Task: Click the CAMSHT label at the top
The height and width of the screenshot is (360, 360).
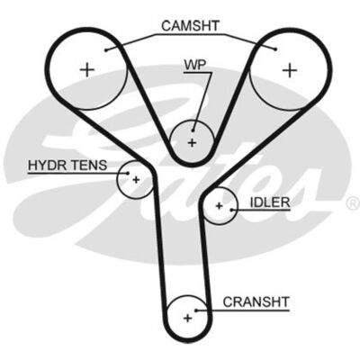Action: pos(191,26)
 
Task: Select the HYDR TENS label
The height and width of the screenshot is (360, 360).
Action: pos(67,165)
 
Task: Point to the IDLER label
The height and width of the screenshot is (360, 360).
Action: pos(270,202)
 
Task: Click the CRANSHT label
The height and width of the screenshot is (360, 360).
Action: pos(256,301)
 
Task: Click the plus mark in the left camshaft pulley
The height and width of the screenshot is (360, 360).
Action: pos(87,70)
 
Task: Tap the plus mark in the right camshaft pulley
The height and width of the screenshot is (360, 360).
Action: pos(290,70)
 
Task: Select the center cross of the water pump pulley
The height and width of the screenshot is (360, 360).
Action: pos(192,142)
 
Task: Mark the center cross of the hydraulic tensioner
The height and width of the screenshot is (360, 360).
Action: pos(137,180)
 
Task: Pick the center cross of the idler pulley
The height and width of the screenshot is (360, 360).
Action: pos(220,206)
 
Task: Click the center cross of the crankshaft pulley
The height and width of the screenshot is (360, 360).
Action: pos(187,318)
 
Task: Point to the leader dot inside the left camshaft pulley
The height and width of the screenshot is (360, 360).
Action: pos(106,50)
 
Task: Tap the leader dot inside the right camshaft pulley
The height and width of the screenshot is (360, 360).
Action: pos(275,49)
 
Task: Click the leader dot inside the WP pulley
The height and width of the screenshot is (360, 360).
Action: pos(193,130)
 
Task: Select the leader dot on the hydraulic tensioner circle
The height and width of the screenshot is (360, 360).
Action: pos(128,173)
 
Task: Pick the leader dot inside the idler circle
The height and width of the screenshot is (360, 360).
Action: pos(231,210)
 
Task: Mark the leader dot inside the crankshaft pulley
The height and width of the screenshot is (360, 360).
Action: pos(195,310)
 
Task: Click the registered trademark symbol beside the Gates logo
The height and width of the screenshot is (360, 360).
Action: pos(353,203)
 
